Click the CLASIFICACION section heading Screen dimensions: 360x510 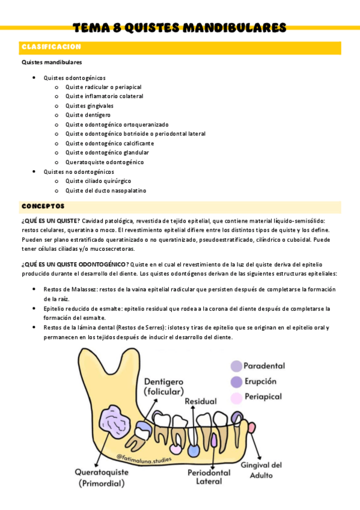[51, 47]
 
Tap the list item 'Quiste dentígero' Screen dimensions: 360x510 [88, 115]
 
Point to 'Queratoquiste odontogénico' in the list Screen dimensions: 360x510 [105, 162]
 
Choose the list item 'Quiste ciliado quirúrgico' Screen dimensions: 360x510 [98, 181]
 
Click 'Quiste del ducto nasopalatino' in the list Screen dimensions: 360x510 [105, 191]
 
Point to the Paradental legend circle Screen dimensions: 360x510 [237, 366]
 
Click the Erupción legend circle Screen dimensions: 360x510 [237, 382]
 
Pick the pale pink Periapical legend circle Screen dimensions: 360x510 [237, 398]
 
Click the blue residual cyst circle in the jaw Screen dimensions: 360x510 [194, 450]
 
